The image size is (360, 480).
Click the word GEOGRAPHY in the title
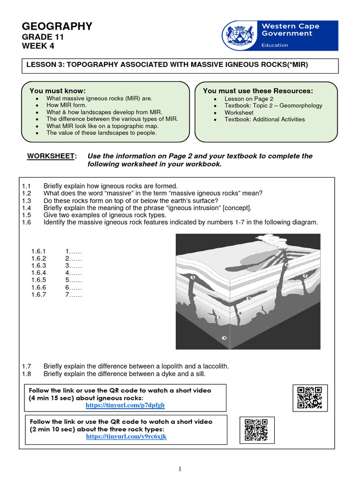(57, 27)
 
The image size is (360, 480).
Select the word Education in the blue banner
(275, 45)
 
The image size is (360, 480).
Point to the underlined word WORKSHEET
(51, 156)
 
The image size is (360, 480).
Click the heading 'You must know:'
(58, 90)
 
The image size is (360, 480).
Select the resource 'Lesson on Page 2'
(248, 99)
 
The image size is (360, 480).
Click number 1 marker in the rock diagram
(193, 278)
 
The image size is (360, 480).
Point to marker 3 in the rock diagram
(225, 338)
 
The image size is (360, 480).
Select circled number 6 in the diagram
(287, 264)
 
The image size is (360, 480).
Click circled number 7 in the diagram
(305, 276)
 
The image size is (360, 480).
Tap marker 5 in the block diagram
(249, 298)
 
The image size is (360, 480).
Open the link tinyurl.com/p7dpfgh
(125, 405)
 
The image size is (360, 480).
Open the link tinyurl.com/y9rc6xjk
(127, 436)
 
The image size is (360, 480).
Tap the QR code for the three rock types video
(255, 429)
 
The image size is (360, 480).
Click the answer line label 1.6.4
(39, 273)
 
